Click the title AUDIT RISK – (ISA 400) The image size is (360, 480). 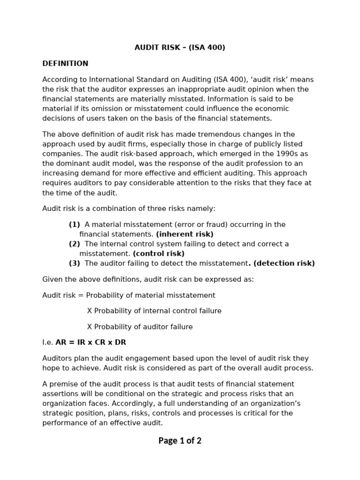(x=180, y=48)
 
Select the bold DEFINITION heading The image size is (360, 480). (x=65, y=64)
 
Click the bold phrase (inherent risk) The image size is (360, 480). (x=185, y=234)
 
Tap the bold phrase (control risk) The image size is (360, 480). (x=159, y=254)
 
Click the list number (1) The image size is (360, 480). (x=75, y=225)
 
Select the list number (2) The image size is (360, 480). (x=75, y=244)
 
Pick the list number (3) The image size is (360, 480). (x=75, y=263)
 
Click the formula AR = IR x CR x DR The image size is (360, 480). (x=91, y=343)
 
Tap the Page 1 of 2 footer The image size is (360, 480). (x=180, y=441)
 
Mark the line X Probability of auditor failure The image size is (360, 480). (x=140, y=327)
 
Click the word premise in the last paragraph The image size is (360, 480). (x=63, y=384)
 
